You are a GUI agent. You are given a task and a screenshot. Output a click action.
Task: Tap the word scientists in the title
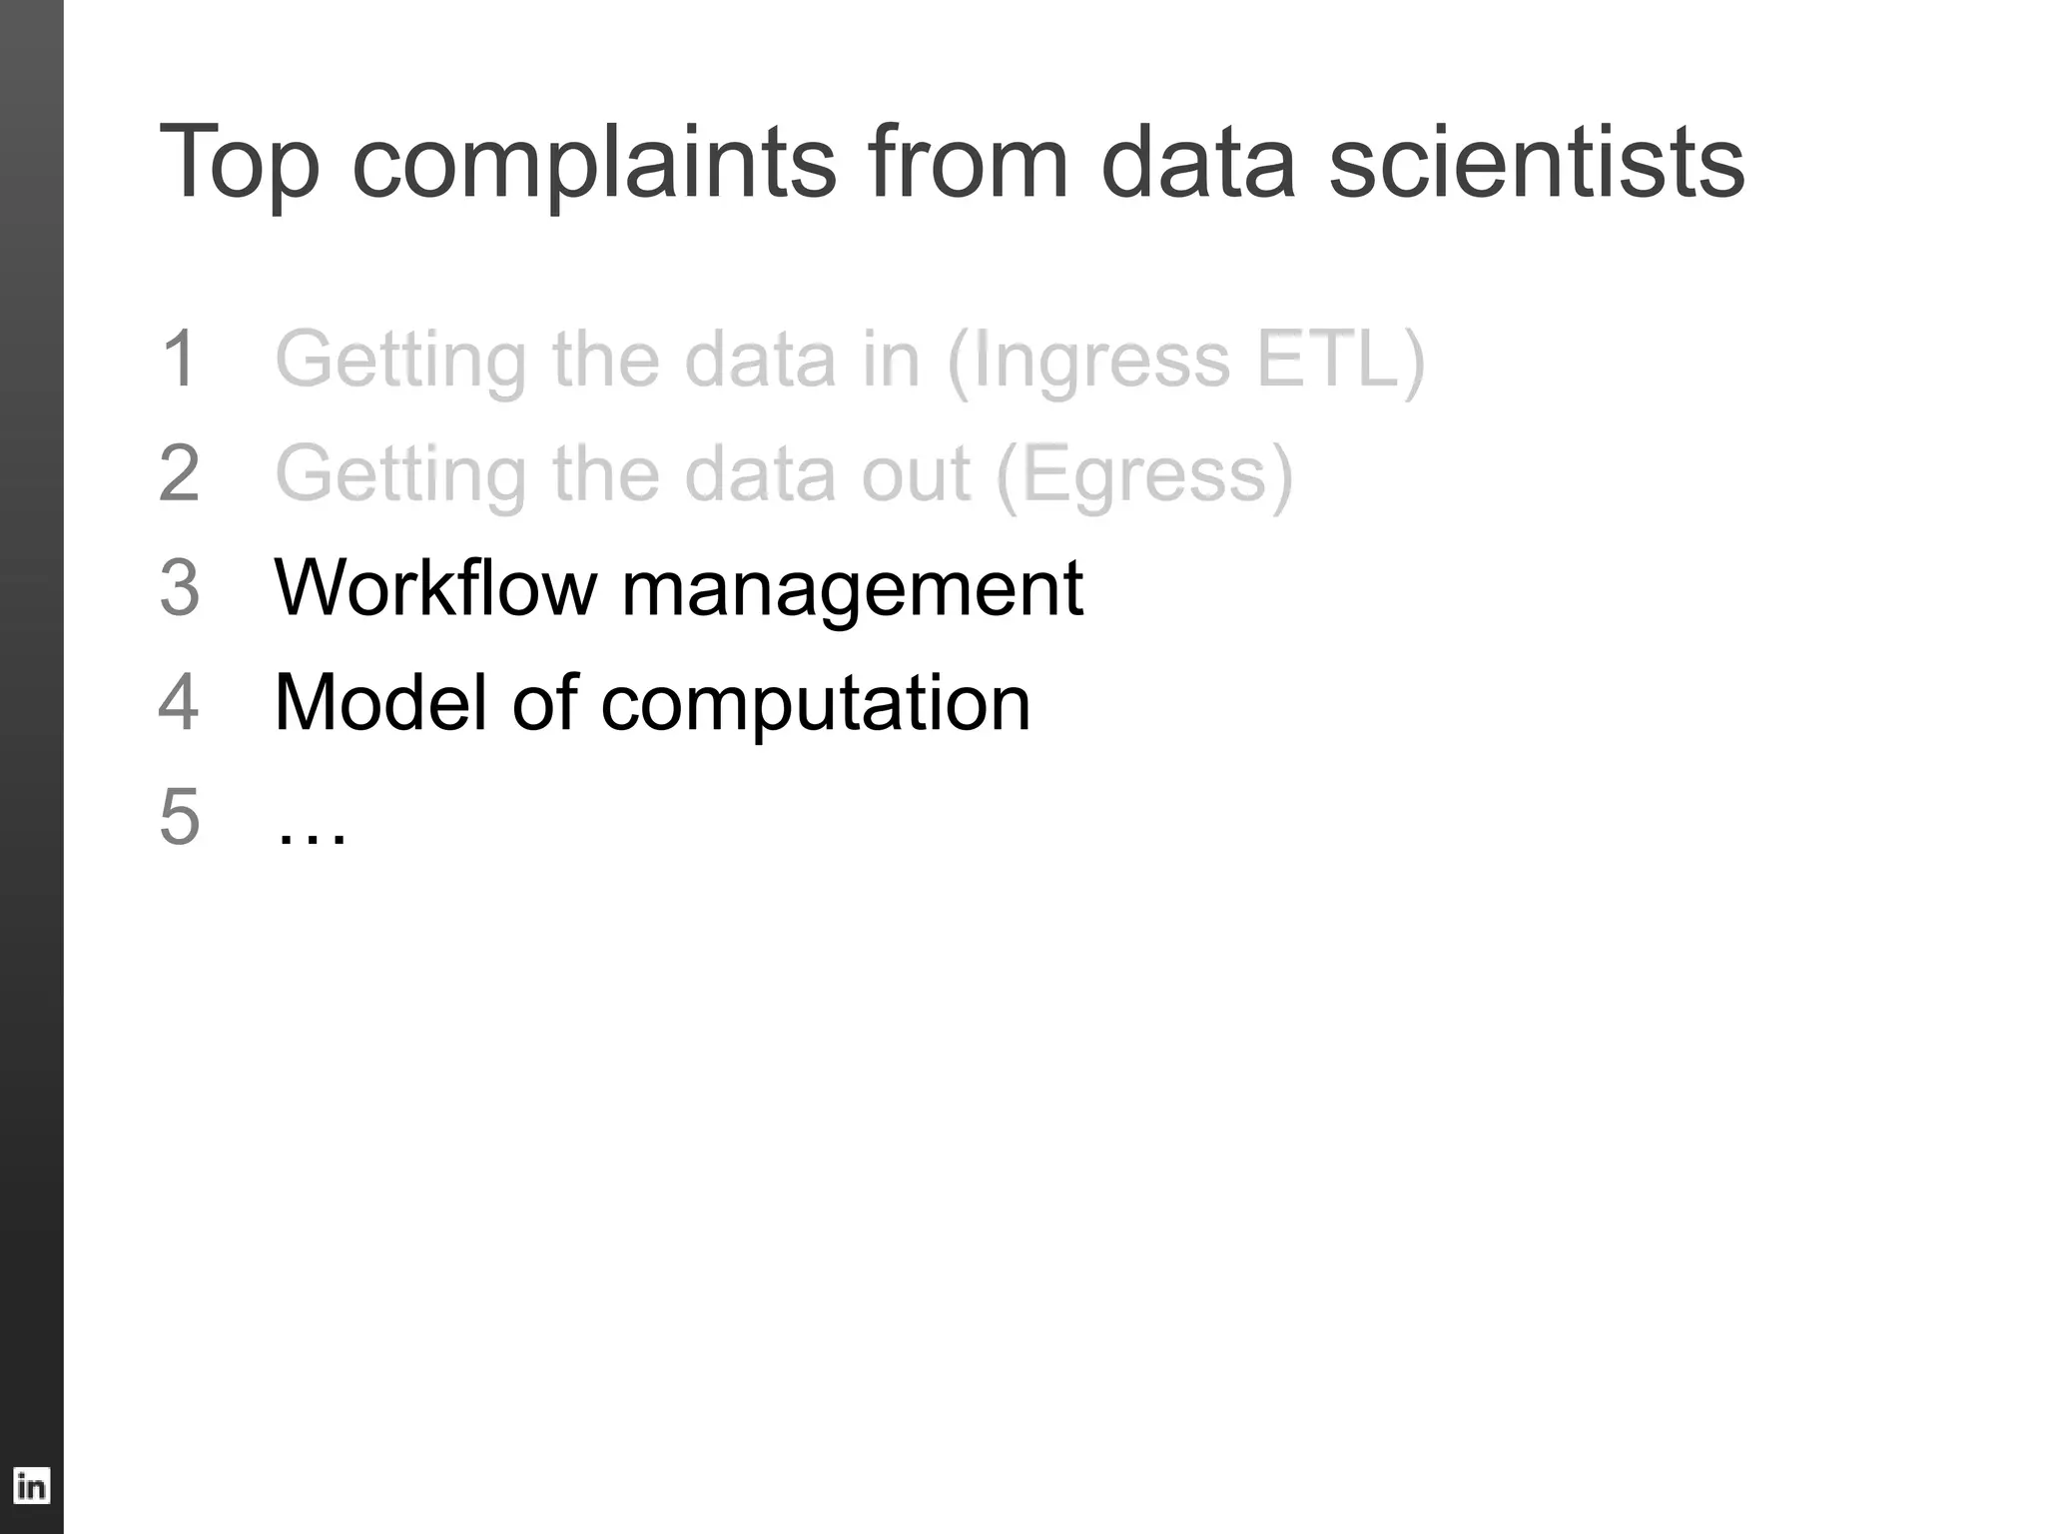(1536, 163)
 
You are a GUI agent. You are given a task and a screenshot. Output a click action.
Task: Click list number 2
(180, 473)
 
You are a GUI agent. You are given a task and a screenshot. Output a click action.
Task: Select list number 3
(180, 588)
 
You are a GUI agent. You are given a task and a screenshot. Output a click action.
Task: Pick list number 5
(180, 817)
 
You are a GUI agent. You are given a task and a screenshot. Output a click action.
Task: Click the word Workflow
(435, 588)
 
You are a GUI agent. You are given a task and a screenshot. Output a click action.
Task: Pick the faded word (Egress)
(1144, 475)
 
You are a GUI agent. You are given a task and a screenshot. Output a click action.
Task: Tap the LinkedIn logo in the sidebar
(31, 1486)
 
